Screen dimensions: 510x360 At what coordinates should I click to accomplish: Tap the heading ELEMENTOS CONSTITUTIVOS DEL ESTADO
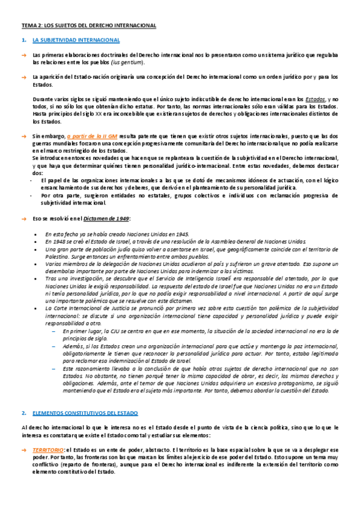point(85,397)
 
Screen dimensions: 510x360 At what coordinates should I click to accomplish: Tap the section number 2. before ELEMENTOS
point(23,397)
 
